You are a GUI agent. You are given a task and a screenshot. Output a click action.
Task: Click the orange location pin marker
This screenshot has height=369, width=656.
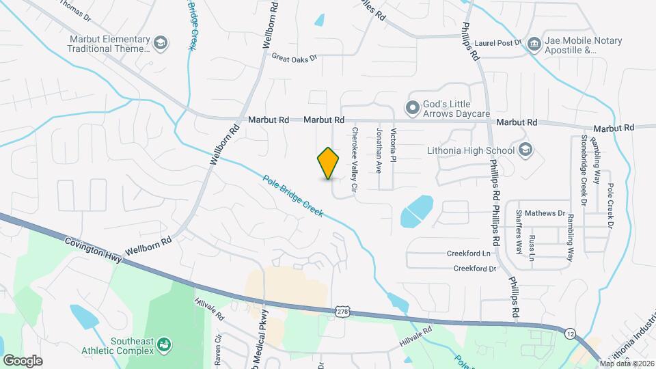click(x=329, y=163)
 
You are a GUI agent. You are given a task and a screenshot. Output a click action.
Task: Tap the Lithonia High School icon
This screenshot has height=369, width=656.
click(x=525, y=150)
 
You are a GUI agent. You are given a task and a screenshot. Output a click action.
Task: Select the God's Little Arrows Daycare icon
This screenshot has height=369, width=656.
click(x=412, y=108)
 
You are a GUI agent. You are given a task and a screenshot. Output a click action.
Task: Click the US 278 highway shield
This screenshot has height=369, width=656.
click(x=342, y=312)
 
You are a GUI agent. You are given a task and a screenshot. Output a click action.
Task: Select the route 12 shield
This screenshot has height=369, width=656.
click(x=569, y=333)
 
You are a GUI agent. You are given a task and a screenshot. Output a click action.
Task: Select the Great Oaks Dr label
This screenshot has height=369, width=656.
click(x=295, y=58)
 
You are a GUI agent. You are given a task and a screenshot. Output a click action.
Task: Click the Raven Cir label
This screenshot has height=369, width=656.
click(x=219, y=345)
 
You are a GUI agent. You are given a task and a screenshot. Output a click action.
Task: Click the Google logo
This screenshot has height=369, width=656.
click(x=23, y=360)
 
